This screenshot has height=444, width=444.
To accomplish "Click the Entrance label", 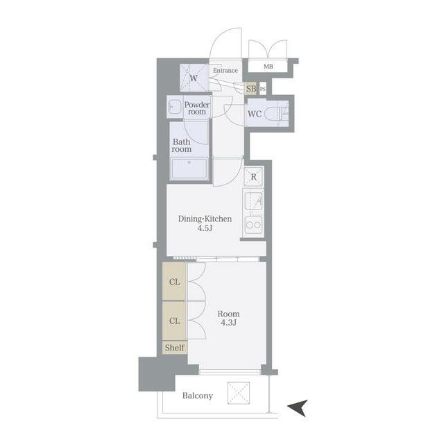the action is pos(225,70).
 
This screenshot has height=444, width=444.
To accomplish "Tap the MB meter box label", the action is pos(268,67).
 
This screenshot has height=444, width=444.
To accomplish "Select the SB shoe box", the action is pos(251,89).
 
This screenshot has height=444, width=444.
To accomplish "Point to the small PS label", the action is pos(263,89).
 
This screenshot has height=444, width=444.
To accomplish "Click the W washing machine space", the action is pos(194,78).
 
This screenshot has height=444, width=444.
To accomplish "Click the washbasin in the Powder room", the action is pos(174,107).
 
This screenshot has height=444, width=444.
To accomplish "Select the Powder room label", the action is pos(197,108).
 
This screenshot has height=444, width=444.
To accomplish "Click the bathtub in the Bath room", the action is pos(189,169).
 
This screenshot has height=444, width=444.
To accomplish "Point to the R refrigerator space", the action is pos(253,177).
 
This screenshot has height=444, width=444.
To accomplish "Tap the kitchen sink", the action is pos(253,201).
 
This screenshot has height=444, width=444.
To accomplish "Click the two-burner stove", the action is pos(253,225).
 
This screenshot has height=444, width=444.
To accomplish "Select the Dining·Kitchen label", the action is pos(205,219).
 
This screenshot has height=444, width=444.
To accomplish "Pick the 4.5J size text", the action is pos(205,228).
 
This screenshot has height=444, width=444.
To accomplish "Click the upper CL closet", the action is pos(174,282).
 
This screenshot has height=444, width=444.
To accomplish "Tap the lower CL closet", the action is pos(174,321).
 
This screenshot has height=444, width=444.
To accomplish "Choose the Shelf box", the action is pos(175,348).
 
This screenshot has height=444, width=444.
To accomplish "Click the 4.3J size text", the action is pos(228,323).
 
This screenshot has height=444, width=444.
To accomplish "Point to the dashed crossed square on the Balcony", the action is pos(239,393).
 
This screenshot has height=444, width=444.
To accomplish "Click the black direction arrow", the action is pos(298,408).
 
